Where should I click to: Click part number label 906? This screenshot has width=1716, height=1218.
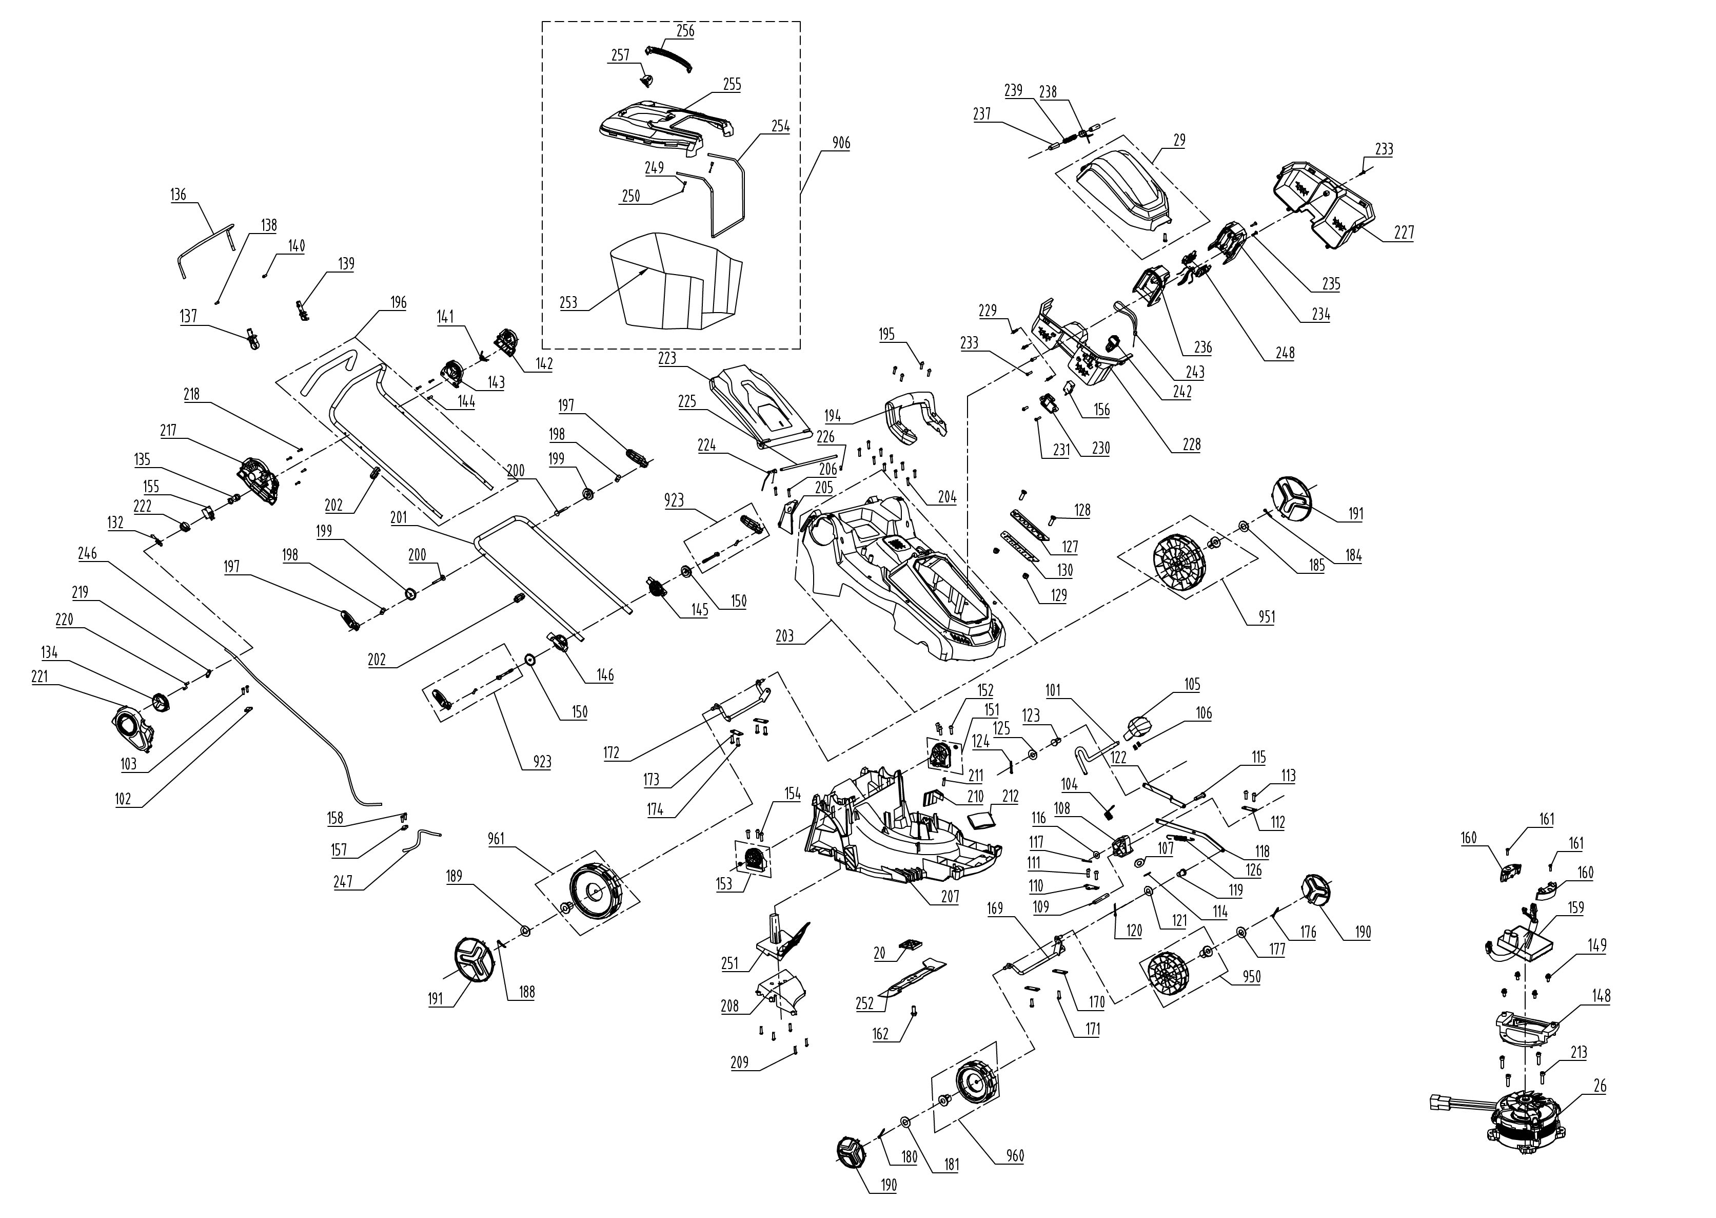click(841, 143)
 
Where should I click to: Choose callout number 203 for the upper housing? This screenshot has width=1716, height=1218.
click(784, 636)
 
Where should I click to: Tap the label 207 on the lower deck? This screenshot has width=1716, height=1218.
click(950, 896)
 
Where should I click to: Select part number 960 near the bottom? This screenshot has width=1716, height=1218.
click(1015, 1156)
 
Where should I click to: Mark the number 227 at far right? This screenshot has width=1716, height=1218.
click(1404, 233)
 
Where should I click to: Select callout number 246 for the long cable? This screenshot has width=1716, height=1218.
click(88, 553)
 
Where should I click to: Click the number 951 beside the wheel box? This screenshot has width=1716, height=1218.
click(1266, 617)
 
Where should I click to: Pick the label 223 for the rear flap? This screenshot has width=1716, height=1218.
click(666, 358)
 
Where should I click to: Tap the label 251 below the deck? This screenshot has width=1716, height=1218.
click(729, 963)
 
